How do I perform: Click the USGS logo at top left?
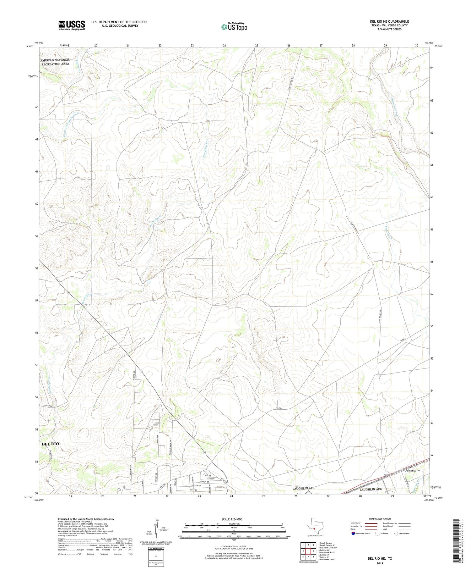[x=72, y=25]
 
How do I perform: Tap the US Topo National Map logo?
[x=234, y=27]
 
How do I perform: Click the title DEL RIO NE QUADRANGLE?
[x=389, y=21]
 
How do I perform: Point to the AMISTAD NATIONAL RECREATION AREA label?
[x=55, y=62]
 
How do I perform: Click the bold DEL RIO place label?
[x=50, y=444]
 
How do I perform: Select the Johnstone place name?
[x=412, y=470]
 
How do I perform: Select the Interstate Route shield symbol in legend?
[x=353, y=534]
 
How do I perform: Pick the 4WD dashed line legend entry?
[x=405, y=529]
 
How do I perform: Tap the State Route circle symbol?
[x=396, y=534]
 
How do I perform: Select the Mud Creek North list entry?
[x=326, y=552]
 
